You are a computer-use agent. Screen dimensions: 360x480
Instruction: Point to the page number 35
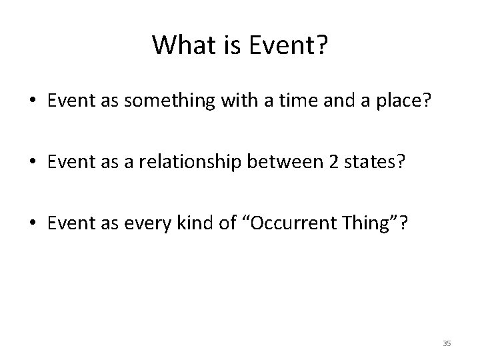pyautogui.click(x=447, y=343)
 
